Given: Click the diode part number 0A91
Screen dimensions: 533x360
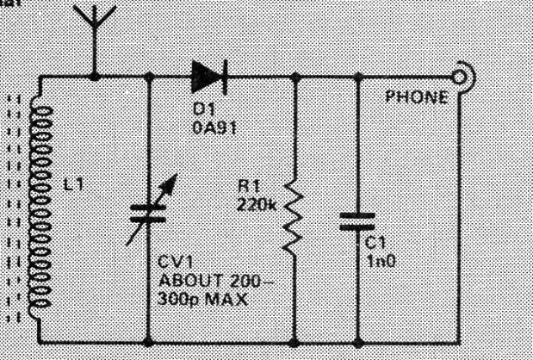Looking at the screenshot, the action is (x=214, y=127).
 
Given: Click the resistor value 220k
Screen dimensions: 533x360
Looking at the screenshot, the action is (x=257, y=205).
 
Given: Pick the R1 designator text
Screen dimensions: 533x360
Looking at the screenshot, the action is (x=249, y=187).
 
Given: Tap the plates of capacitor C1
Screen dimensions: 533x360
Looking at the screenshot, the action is (x=357, y=221).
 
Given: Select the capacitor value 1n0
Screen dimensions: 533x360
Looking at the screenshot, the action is (x=381, y=262).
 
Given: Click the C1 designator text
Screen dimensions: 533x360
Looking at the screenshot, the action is (x=375, y=243).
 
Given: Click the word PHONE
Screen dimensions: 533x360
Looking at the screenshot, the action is (x=417, y=97).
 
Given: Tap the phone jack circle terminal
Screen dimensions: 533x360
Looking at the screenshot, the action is (x=459, y=78).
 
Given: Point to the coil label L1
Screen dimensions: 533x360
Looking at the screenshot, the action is (x=73, y=184).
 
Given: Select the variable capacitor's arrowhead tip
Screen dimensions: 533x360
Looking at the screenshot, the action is (x=177, y=175).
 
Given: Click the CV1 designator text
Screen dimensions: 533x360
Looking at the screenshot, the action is (x=176, y=263).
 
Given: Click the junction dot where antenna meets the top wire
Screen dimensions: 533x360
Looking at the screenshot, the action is (x=94, y=78).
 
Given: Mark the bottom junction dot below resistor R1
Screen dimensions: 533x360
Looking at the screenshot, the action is (x=294, y=343).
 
